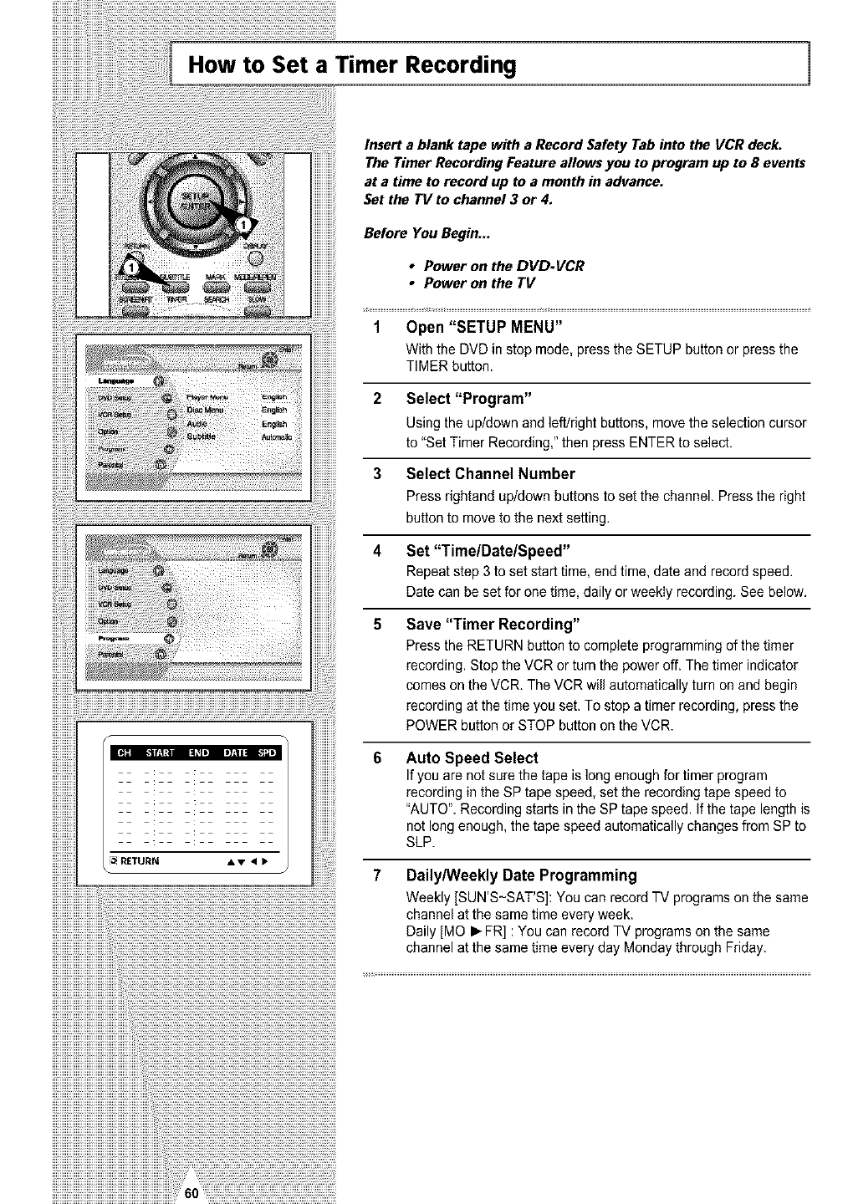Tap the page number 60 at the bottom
(x=190, y=1193)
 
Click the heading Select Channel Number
(x=490, y=474)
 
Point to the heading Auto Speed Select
(x=472, y=758)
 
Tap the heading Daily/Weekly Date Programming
(x=521, y=875)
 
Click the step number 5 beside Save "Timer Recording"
(x=378, y=625)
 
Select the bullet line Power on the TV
(x=479, y=283)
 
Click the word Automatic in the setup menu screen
(x=274, y=436)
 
